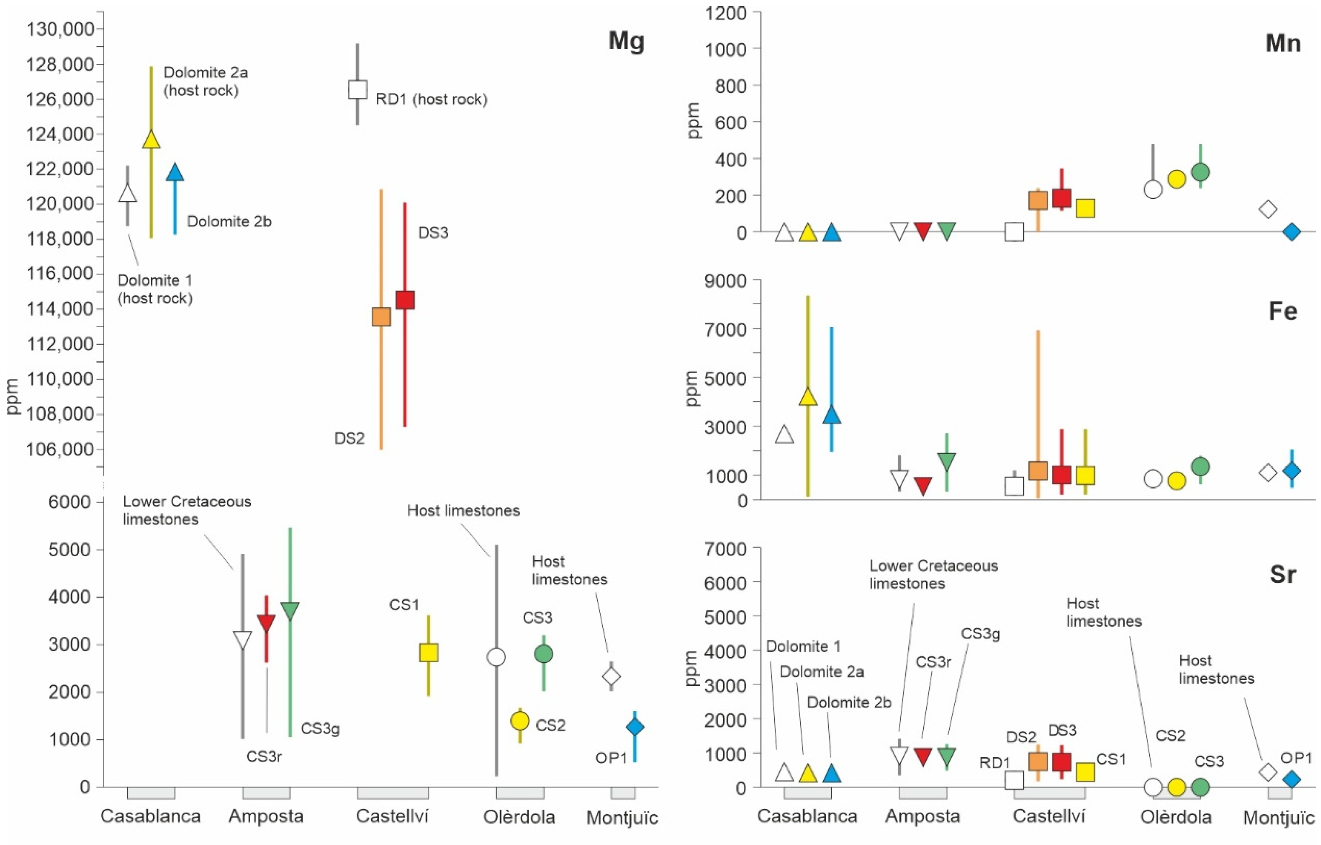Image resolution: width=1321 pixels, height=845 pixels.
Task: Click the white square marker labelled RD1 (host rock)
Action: tap(357, 89)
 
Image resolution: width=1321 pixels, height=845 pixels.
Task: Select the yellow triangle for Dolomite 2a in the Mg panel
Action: tap(151, 140)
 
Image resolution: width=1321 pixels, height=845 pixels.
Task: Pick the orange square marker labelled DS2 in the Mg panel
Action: tap(381, 317)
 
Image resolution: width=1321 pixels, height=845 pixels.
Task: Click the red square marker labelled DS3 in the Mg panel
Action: tap(405, 300)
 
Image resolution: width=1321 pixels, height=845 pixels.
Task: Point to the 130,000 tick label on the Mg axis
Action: tap(60, 29)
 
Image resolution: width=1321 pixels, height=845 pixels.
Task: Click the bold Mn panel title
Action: tap(1282, 42)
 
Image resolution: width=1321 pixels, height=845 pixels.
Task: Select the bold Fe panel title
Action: tap(1282, 312)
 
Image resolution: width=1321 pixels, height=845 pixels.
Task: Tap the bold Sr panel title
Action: tap(1282, 574)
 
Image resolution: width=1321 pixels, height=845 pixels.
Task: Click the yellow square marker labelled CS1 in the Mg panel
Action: tap(428, 652)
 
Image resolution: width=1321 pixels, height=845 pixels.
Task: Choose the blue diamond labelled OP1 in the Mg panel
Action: tap(635, 727)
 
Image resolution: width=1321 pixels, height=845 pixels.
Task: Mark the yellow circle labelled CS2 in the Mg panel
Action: tap(520, 721)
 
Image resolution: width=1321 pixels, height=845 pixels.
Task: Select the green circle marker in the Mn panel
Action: tap(1200, 172)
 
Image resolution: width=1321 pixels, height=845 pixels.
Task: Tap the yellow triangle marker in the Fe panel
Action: tap(808, 397)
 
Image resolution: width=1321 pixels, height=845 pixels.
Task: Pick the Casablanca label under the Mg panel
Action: tap(150, 816)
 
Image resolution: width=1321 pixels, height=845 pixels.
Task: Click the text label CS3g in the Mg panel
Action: tap(320, 729)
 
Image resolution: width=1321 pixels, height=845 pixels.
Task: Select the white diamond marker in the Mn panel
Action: tap(1268, 209)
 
